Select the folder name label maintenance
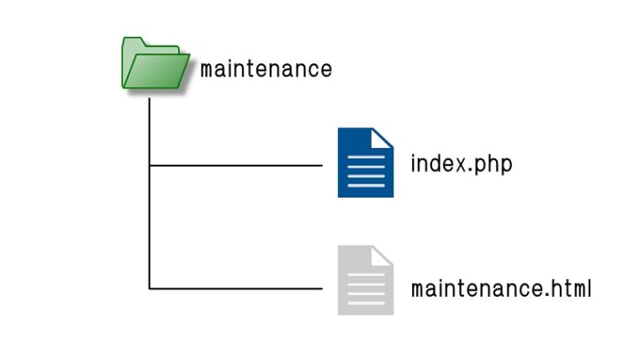(266, 68)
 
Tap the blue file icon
(365, 163)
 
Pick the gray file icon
(365, 281)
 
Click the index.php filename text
(461, 163)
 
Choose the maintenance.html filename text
(501, 289)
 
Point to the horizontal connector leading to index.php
(235, 166)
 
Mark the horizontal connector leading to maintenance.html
(235, 289)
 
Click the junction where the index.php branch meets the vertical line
(150, 166)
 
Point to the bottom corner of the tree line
(150, 289)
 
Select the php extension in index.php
(493, 164)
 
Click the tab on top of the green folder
(133, 42)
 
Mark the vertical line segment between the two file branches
(150, 227)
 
